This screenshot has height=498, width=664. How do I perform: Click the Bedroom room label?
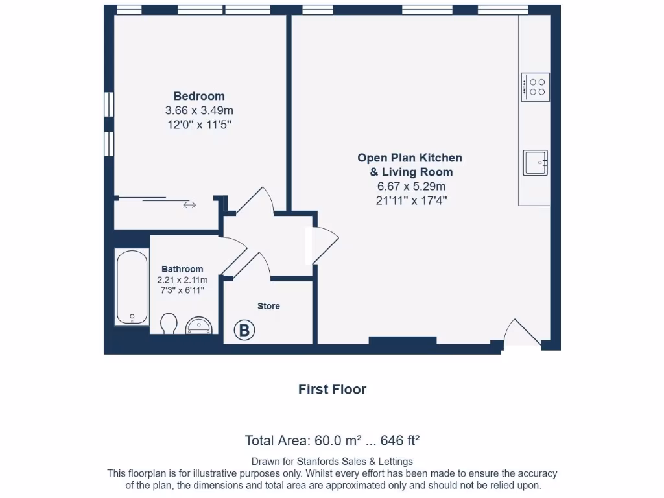point(198,97)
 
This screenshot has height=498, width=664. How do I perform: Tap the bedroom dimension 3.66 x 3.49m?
point(198,110)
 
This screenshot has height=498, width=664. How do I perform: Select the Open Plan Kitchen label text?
point(410,158)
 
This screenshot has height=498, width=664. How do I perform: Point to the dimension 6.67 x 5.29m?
point(411,187)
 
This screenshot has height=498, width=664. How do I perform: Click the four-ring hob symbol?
point(536,87)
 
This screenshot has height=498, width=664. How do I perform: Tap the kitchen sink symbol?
point(535,163)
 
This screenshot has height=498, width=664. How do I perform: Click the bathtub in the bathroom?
point(132,288)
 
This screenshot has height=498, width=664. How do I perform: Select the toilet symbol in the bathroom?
point(169,324)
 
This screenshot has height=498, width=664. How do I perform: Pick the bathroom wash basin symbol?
point(199,326)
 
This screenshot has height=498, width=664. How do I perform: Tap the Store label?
point(268,306)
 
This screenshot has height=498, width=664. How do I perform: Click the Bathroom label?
point(182,269)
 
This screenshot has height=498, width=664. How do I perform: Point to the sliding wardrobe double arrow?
point(189,205)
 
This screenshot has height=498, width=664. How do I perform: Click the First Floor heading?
point(332,390)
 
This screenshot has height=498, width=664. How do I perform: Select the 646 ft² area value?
point(400,441)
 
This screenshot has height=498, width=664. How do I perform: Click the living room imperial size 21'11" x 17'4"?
point(411,201)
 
